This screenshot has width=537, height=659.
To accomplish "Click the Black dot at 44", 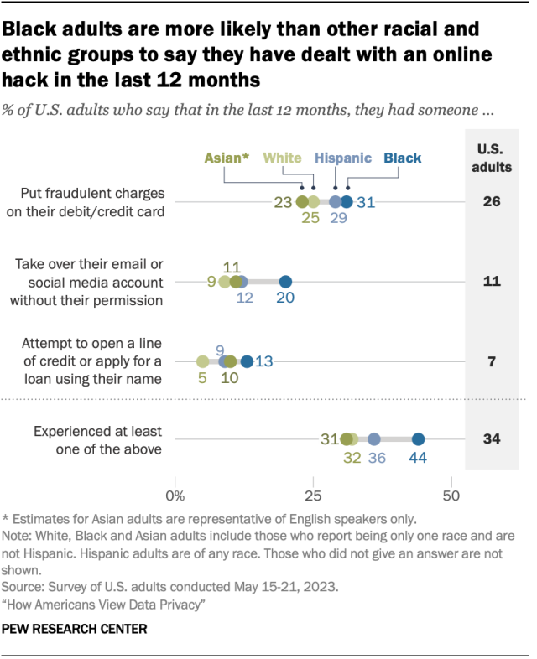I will [x=418, y=438].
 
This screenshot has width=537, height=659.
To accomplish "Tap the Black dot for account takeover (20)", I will [x=285, y=281].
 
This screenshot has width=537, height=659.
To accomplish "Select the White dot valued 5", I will [x=202, y=361].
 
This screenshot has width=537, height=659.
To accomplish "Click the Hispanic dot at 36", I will [x=374, y=438].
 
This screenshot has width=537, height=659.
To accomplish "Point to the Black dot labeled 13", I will [x=247, y=361].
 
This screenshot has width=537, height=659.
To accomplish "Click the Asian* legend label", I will [x=227, y=158].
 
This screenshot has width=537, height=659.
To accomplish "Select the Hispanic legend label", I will [x=343, y=158].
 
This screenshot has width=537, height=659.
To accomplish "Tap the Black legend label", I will [x=403, y=158].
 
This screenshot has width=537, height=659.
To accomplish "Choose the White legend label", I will [x=282, y=158].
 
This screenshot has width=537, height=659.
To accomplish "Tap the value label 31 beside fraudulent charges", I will [x=366, y=202].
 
